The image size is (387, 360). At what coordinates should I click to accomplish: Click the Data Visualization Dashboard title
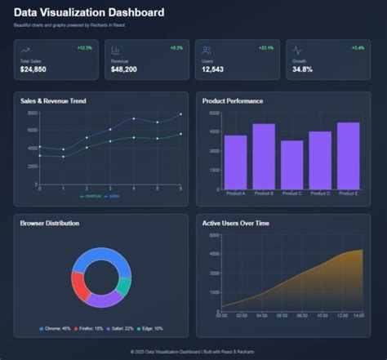(x=89, y=13)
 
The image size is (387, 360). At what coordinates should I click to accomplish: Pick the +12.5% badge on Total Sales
(x=84, y=48)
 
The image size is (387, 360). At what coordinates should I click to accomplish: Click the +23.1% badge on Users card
(x=265, y=48)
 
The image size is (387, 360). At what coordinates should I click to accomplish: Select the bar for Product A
(x=235, y=162)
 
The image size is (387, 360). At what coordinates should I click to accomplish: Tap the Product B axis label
(x=264, y=193)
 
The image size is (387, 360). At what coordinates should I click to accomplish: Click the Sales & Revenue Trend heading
(x=53, y=101)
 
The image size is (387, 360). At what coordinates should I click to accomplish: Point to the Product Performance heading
(x=233, y=101)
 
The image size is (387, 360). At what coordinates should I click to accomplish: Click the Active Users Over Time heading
(x=235, y=223)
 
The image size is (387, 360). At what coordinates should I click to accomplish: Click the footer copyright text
(x=193, y=351)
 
